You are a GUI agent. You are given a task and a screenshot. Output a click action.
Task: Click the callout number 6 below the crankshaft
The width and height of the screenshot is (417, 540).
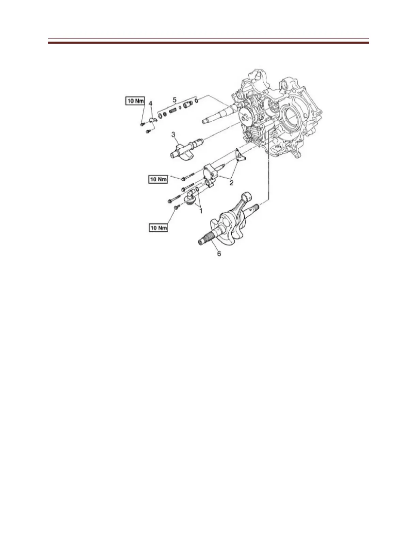(x=219, y=254)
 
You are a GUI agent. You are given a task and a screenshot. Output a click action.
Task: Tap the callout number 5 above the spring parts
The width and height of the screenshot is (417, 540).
(x=174, y=100)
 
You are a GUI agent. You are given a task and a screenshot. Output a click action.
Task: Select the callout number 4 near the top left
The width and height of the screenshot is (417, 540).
(x=151, y=103)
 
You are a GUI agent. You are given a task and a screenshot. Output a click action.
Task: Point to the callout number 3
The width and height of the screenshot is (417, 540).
(x=173, y=135)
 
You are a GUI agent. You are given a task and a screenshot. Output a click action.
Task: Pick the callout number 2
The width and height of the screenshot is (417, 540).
(x=231, y=183)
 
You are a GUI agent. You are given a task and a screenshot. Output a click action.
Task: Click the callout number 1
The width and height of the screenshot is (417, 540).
(x=201, y=211)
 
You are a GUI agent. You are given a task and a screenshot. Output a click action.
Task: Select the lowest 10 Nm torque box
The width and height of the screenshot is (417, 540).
(x=158, y=227)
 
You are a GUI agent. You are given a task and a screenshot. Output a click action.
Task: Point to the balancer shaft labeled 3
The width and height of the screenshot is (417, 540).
(x=186, y=150)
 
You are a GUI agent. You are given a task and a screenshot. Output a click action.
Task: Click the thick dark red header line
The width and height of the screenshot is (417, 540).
(x=208, y=43)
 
